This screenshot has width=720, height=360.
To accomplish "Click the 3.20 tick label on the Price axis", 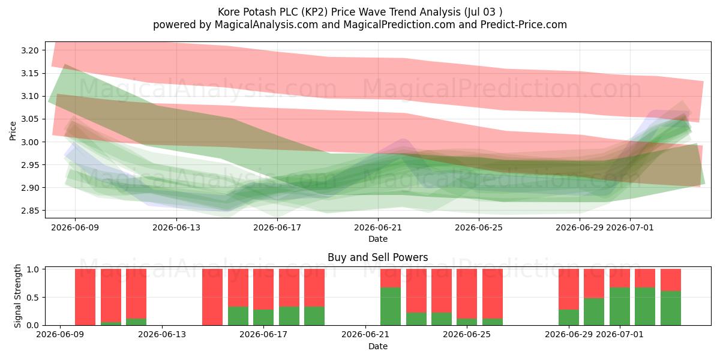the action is pos(29,50).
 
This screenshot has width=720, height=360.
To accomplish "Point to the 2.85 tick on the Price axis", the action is pos(29,211).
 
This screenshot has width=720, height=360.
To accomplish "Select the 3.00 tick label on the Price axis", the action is pos(29,142).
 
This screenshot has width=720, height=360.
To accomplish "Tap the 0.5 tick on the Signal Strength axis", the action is pos(34,298).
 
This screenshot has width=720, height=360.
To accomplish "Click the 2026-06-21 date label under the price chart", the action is pos(378,227).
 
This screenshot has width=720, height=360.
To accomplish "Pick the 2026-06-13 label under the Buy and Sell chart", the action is pos(162,334).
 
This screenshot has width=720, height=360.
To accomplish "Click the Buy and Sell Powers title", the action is pos(377,257).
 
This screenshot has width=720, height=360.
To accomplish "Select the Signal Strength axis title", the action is pos(17,296).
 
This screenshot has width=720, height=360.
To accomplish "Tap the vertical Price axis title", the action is pos(13,131).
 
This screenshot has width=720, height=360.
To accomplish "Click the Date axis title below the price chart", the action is pos(377,239).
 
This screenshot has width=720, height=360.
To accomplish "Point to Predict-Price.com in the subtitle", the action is pos(524,25).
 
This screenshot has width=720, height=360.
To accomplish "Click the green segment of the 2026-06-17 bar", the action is pos(263,317).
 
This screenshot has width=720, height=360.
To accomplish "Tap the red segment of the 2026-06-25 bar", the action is pos(467,294).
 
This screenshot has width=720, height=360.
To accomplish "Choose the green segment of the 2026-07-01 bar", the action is pos(620,307).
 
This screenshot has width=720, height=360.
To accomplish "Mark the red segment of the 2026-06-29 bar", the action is pos(569,289).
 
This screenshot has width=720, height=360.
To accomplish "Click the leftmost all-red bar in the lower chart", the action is pos(85,297).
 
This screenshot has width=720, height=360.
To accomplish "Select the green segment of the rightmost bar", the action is pos(671,308).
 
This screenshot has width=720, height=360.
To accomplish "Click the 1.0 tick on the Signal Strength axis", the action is pos(34,269).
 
